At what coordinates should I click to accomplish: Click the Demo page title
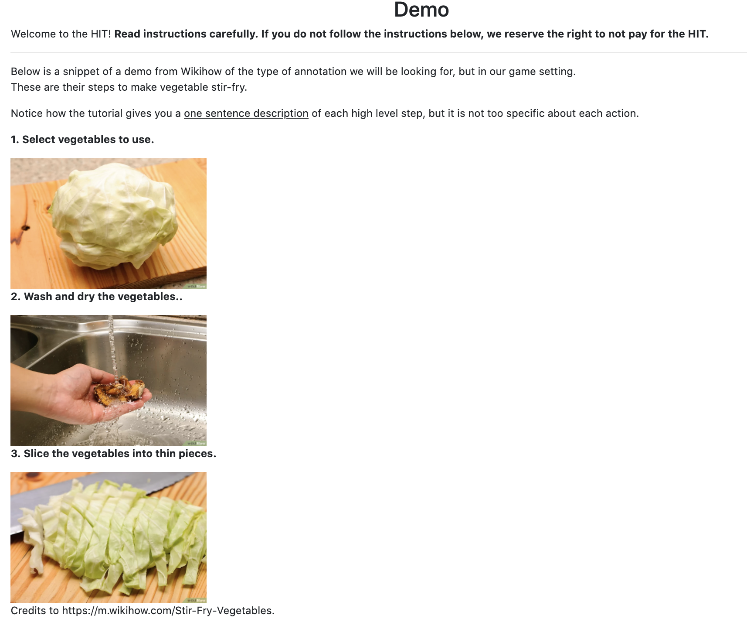tap(421, 10)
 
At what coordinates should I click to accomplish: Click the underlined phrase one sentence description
tap(246, 113)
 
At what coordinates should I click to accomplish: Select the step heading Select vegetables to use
tap(82, 140)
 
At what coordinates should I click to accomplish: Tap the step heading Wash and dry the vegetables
tap(96, 297)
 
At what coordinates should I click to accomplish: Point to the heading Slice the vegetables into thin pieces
tap(113, 454)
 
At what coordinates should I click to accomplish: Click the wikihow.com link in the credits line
tap(168, 611)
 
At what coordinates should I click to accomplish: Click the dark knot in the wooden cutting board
tap(25, 228)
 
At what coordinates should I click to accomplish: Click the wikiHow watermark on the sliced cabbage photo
tap(196, 600)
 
